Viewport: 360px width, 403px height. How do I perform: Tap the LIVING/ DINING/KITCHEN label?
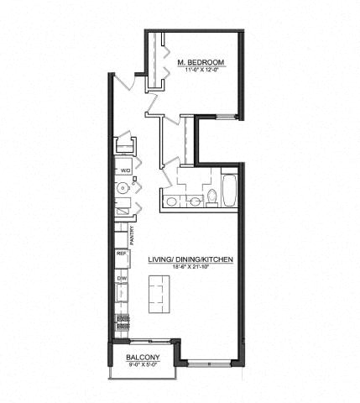pyautogui.click(x=190, y=259)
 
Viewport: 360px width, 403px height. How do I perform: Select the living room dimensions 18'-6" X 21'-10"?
pyautogui.click(x=190, y=268)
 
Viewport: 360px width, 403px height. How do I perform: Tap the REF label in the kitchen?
pyautogui.click(x=120, y=253)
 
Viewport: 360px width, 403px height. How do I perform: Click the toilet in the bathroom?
pyautogui.click(x=211, y=196)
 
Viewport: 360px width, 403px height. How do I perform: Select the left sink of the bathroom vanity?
pyautogui.click(x=173, y=201)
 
